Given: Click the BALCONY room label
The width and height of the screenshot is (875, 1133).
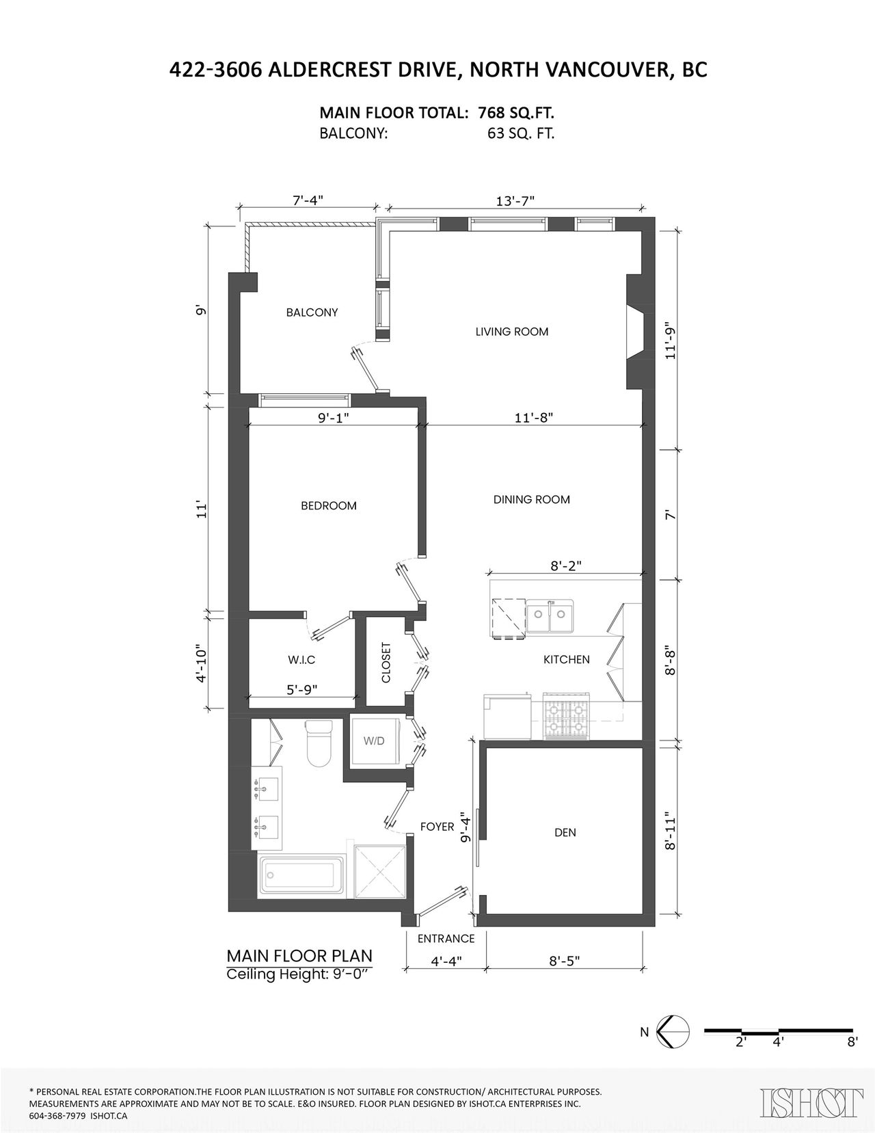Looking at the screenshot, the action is (x=312, y=312).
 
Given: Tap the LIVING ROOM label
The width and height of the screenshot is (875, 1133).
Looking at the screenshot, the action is (x=512, y=332).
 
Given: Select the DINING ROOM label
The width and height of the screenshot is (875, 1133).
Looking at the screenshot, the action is (x=532, y=500).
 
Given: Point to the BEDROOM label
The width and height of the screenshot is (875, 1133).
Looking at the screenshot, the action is (x=329, y=506).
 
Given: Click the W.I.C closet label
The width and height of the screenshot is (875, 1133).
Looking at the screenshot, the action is (x=301, y=660).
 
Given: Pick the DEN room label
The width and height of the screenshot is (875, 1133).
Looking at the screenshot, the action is (x=565, y=833).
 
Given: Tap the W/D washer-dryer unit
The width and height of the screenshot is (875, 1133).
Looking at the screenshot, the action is (x=375, y=741).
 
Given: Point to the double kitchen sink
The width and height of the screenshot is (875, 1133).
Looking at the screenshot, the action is (x=550, y=617).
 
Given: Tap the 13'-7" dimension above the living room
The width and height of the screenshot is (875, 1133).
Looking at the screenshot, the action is (x=515, y=201).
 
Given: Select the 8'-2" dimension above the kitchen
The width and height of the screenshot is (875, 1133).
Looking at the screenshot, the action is (x=565, y=565).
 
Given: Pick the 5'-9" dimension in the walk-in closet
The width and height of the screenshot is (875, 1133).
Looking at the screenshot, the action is (x=301, y=689).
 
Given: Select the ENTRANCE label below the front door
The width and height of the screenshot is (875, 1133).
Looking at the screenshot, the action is (x=446, y=939).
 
